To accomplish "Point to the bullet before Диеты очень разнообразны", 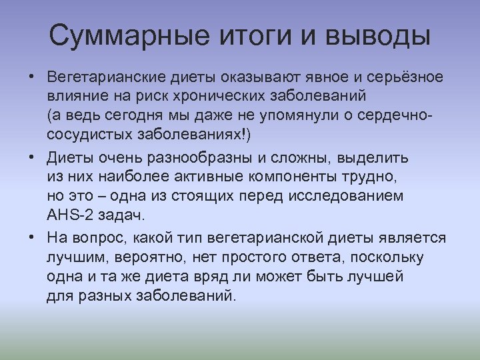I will [x=32, y=158].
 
